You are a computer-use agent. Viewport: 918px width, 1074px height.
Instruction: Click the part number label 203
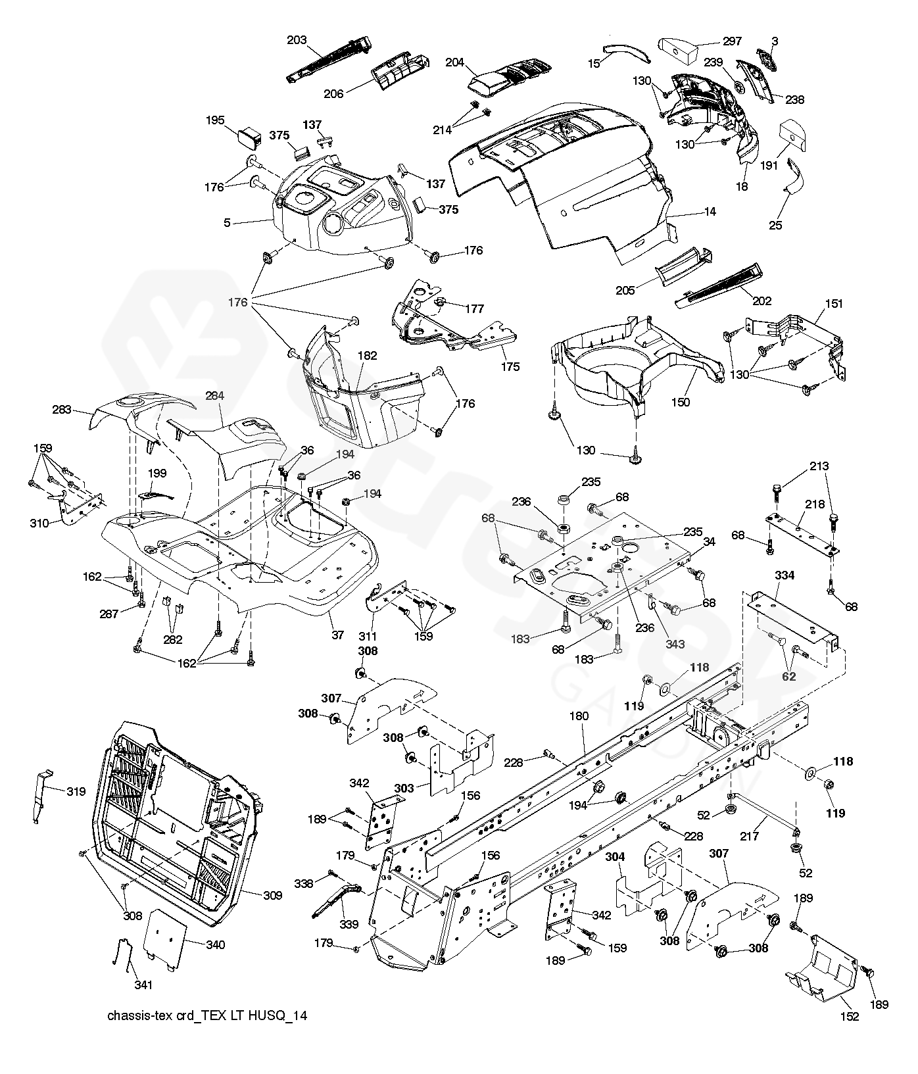coord(297,40)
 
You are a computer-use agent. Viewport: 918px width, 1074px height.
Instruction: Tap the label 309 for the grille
coord(272,895)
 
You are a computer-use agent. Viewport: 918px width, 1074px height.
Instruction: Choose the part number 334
coord(785,575)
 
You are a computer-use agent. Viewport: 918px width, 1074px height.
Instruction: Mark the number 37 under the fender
coord(337,635)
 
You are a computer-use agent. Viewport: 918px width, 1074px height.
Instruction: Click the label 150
coord(681,402)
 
